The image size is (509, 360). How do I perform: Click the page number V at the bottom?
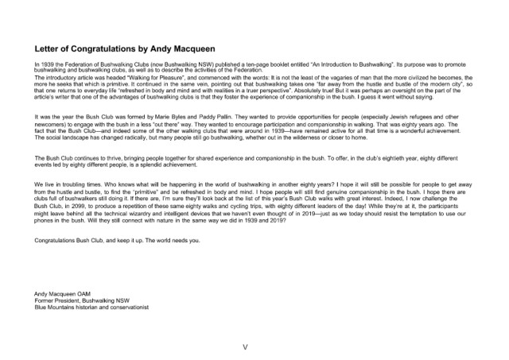[x=254, y=347]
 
